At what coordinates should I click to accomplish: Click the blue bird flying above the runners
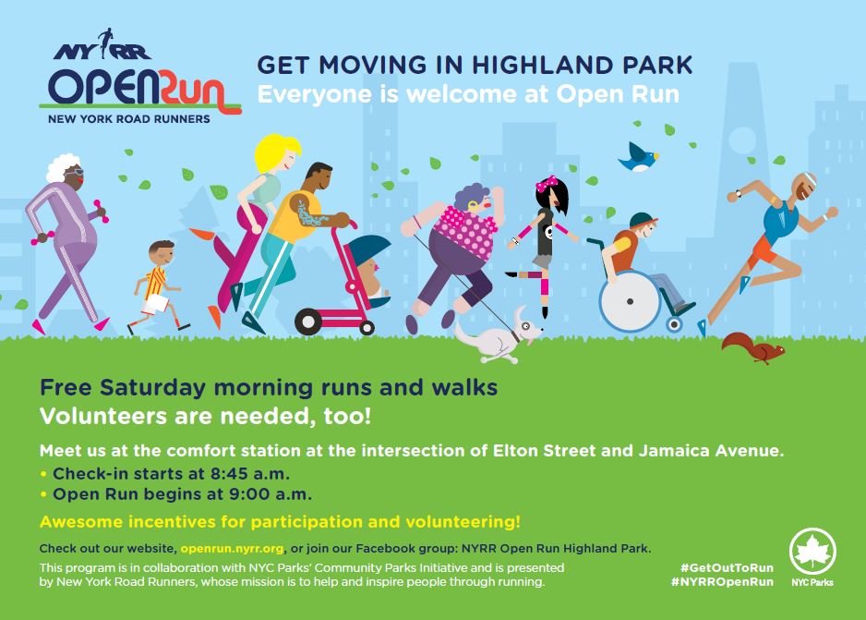[638, 157]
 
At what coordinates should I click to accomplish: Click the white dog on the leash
[499, 336]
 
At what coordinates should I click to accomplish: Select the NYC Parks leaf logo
[812, 552]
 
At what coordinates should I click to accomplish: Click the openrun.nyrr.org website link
[232, 549]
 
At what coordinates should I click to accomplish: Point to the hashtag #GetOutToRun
[727, 567]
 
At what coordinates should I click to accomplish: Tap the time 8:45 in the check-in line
[229, 474]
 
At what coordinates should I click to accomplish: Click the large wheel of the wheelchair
[630, 301]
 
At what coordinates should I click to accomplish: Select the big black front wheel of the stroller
[308, 322]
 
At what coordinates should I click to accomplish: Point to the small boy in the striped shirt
[158, 286]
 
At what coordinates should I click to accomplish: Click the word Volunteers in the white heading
[102, 416]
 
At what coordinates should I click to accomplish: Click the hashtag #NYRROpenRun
[722, 581]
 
